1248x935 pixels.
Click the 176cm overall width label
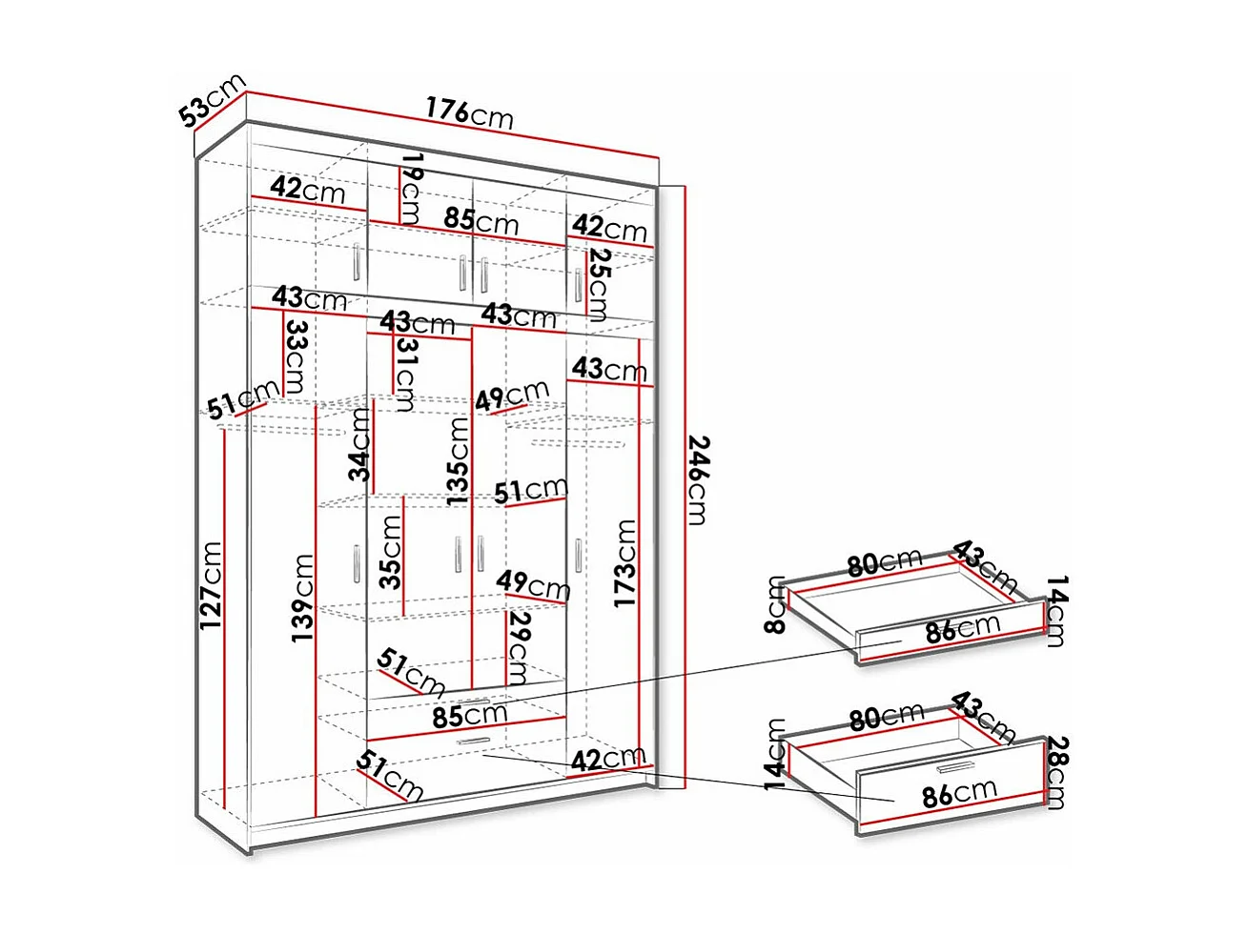[469, 112]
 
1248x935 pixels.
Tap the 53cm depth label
[212, 100]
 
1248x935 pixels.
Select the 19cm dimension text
[411, 188]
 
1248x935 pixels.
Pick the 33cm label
[296, 356]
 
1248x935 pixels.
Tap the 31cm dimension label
[406, 374]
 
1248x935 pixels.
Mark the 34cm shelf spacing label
[359, 444]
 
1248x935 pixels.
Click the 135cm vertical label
[458, 461]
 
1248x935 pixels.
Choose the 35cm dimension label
[390, 552]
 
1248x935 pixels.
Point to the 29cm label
[518, 647]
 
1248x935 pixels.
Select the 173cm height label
[625, 563]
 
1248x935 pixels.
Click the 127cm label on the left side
[211, 585]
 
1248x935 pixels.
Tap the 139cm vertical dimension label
[302, 597]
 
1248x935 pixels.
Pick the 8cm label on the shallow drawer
[775, 605]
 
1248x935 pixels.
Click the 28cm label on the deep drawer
[1056, 772]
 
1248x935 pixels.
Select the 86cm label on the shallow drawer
[961, 629]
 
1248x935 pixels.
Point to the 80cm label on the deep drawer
[887, 717]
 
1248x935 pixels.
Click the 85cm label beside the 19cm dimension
[481, 220]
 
